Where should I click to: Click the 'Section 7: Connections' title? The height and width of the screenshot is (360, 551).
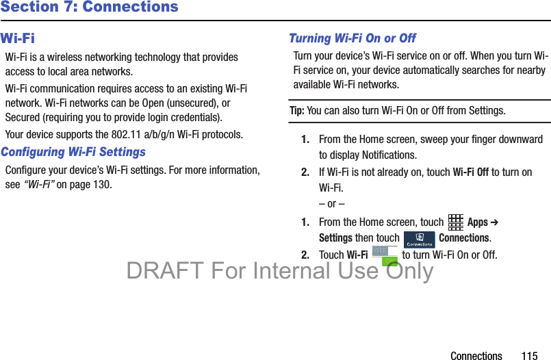(x=89, y=7)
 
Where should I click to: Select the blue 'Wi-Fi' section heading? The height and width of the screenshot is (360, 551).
(x=18, y=38)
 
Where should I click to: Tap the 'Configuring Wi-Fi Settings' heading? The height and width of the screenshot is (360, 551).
(x=73, y=152)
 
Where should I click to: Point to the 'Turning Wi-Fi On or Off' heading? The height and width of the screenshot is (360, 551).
(x=353, y=38)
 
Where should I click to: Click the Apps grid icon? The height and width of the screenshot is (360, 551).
(x=455, y=222)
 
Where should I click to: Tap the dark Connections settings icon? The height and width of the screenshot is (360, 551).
(x=419, y=240)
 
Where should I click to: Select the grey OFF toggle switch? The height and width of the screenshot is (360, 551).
(x=380, y=250)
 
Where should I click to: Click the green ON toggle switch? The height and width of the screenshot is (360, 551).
(x=389, y=261)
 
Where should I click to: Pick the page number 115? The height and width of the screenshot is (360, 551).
(x=530, y=355)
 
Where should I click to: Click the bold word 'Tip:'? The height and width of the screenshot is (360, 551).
(x=297, y=111)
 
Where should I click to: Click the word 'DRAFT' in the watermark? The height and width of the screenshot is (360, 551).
(x=165, y=270)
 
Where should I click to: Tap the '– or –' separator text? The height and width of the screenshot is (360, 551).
(x=332, y=204)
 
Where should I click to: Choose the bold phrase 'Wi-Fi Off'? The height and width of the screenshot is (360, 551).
(x=470, y=172)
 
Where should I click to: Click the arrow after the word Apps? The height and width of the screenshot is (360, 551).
(x=494, y=222)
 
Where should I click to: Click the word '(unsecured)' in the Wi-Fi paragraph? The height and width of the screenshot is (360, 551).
(x=192, y=103)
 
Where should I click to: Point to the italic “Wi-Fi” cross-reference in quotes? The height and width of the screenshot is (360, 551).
(x=39, y=184)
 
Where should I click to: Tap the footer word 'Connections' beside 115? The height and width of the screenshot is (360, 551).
(x=476, y=355)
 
